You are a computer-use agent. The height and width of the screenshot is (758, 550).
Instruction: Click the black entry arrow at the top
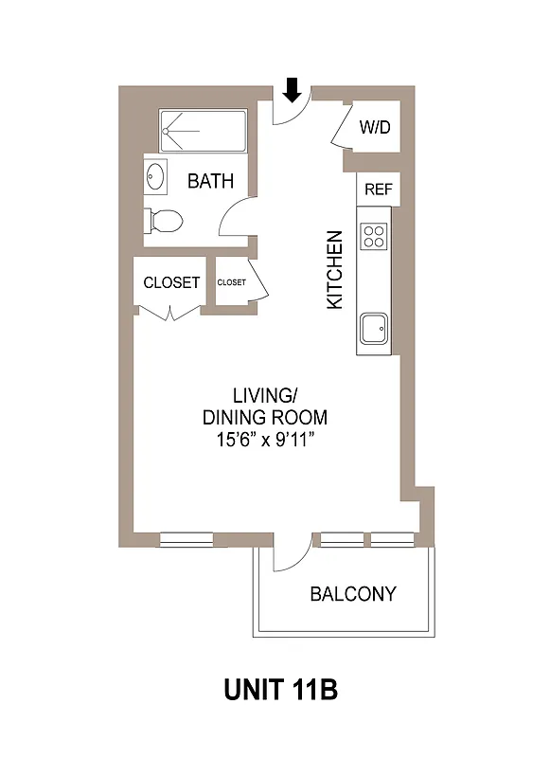(x=293, y=90)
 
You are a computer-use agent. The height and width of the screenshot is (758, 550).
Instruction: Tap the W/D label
(x=375, y=128)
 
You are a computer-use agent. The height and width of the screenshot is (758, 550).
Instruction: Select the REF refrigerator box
(x=378, y=189)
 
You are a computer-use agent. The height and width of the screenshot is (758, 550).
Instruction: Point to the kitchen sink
(x=372, y=330)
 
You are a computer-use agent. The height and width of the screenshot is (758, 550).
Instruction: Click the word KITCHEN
(x=334, y=269)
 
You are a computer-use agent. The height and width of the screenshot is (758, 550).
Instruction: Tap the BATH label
(x=210, y=181)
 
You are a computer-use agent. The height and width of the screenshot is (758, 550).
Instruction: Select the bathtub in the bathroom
(x=203, y=131)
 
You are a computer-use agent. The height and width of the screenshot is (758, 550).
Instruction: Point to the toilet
(x=163, y=222)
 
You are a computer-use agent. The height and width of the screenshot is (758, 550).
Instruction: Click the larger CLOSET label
(x=171, y=282)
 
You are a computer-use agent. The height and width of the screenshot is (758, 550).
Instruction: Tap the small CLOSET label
(x=231, y=282)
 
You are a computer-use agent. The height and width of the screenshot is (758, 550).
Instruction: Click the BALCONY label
(x=353, y=595)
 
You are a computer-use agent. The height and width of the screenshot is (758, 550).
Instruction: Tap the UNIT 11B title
(x=280, y=690)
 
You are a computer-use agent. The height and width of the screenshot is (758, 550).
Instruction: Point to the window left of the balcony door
(x=186, y=540)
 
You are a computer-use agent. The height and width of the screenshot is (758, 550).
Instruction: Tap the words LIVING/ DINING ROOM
(x=265, y=406)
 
